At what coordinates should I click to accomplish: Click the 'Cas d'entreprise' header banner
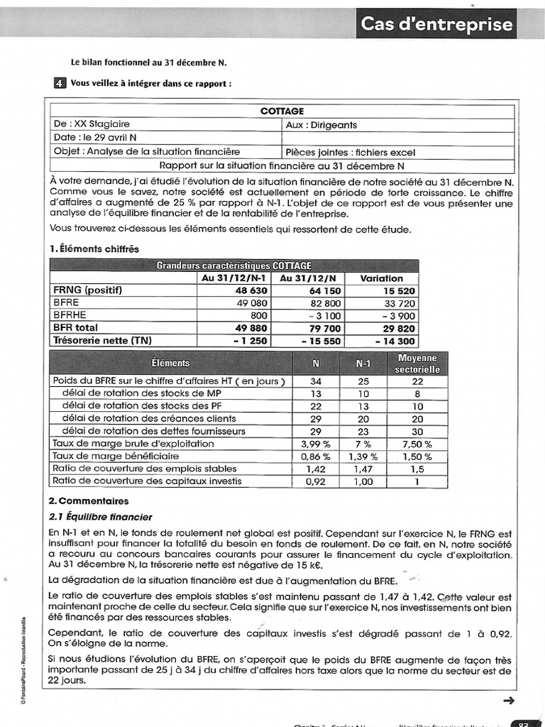[x=436, y=24]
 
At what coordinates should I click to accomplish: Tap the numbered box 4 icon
[x=60, y=83]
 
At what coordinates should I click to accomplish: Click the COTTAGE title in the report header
[x=282, y=111]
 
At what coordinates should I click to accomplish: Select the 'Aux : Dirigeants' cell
[x=321, y=125]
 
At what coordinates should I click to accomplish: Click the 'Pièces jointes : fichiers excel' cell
[x=350, y=152]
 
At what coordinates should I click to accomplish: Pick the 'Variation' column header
[x=382, y=278]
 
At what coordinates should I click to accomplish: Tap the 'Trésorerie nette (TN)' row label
[x=102, y=341]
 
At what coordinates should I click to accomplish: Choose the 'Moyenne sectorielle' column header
[x=417, y=363]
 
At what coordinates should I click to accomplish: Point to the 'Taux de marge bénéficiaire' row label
[x=116, y=457]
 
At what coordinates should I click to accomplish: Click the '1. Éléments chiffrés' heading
[x=94, y=248]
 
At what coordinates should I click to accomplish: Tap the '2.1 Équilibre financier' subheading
[x=100, y=517]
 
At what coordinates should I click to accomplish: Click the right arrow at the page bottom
[x=507, y=701]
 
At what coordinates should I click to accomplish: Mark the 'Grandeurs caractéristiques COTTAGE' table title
[x=233, y=266]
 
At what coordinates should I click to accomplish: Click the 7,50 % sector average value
[x=417, y=444]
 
